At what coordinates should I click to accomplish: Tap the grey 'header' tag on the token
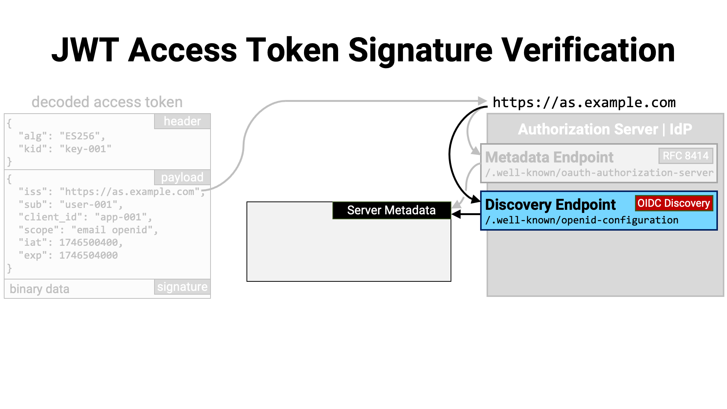[x=183, y=121]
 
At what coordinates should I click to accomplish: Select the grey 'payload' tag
[x=183, y=177]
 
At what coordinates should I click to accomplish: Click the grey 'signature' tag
[x=183, y=287]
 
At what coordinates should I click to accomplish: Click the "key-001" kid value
[x=86, y=149]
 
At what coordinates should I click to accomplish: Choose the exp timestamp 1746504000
[x=89, y=255]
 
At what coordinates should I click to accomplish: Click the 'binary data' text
[x=39, y=289]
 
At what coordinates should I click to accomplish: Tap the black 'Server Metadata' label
[x=392, y=210]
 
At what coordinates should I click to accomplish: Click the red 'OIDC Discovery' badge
[x=674, y=203]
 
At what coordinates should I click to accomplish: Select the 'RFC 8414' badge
[x=686, y=156]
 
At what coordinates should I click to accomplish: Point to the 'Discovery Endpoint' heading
[x=551, y=204]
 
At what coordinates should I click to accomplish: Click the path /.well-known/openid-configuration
[x=582, y=220]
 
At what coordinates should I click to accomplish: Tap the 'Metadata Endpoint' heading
[x=549, y=157]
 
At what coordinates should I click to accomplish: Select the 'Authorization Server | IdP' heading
[x=605, y=129]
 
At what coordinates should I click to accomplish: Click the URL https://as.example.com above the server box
[x=584, y=103]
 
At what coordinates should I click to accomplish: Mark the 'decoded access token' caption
[x=107, y=102]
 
